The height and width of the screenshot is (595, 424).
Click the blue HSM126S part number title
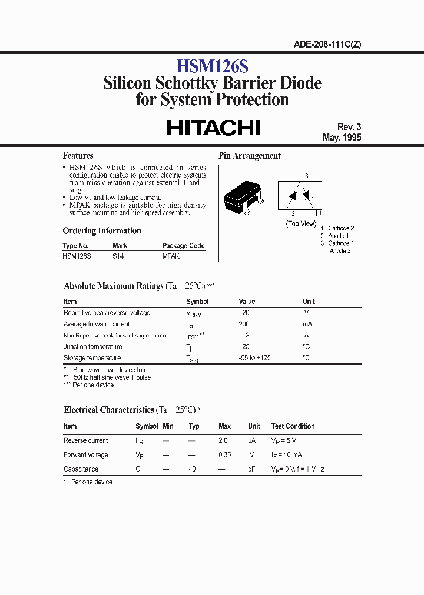pos(212,65)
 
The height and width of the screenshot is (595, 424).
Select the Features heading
pos(78,156)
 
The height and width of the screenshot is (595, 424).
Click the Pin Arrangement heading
pos(250,156)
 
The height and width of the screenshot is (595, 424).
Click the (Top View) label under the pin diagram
pos(301,223)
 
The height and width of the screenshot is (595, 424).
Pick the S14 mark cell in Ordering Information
pos(118,256)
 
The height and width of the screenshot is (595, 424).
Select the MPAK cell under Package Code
pos(171,256)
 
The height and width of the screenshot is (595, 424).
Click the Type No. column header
pos(75,246)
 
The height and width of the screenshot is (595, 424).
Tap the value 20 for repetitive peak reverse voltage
pos(246,313)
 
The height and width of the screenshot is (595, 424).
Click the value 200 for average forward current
pos(244,324)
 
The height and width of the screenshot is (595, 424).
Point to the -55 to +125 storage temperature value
pos(254,357)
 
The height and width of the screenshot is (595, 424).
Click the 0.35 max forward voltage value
pos(224,454)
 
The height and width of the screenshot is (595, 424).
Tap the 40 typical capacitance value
pos(192,469)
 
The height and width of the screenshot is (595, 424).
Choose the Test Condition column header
pos(293,426)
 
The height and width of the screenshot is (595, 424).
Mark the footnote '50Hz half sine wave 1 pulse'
pos(111,377)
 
